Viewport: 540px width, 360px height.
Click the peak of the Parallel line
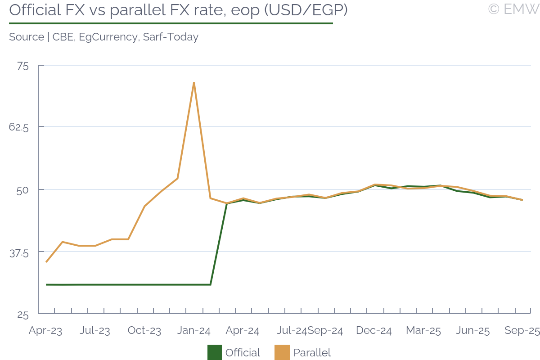[x=193, y=83]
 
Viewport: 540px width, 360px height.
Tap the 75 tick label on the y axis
[x=22, y=66]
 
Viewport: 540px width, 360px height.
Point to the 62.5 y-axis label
[x=19, y=127]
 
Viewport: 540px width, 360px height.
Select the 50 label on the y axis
[x=22, y=189]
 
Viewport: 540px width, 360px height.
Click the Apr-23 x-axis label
[x=45, y=331]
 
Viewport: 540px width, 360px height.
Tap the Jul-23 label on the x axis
[x=95, y=331]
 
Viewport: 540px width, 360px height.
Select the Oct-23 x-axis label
[x=144, y=331]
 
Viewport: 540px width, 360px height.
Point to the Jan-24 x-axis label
[x=194, y=331]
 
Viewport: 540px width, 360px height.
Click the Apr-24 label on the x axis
[x=243, y=331]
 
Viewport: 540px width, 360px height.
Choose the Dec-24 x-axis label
[x=374, y=331]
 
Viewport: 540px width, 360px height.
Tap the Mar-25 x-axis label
[x=423, y=331]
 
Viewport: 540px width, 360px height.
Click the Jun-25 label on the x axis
[x=473, y=331]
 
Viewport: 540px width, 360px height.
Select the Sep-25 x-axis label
[x=522, y=331]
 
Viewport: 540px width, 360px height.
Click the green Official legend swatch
[x=214, y=352]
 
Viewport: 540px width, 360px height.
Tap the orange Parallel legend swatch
[x=282, y=352]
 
